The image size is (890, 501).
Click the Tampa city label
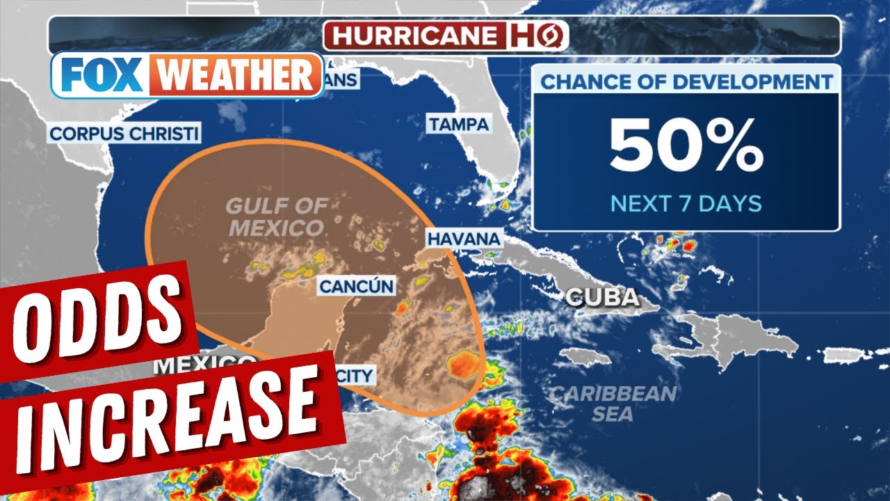[x=458, y=125]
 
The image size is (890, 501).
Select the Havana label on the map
[x=463, y=239]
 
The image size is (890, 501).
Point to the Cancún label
[x=356, y=286]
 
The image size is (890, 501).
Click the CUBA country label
[x=602, y=298]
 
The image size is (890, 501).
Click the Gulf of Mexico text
[x=276, y=216]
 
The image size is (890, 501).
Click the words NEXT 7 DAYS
[x=686, y=204]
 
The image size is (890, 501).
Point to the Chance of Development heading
[x=686, y=81]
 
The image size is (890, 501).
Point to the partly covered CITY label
[x=355, y=376]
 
